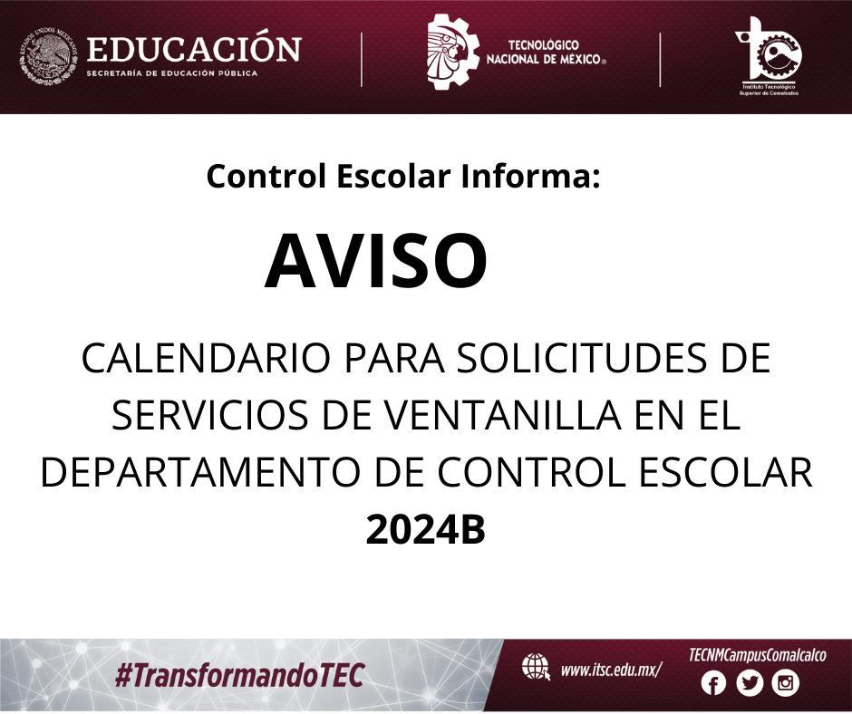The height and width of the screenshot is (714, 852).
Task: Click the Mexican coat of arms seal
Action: pyautogui.click(x=48, y=57)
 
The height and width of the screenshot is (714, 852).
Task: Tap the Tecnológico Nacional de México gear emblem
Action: pyautogui.click(x=452, y=52)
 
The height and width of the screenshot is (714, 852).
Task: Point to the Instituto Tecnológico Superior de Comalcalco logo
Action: pyautogui.click(x=769, y=56)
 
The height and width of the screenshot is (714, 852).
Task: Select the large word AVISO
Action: pyautogui.click(x=376, y=261)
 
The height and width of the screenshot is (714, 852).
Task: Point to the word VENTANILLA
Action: pyautogui.click(x=503, y=415)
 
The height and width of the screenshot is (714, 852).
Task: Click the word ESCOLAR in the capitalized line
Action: pyautogui.click(x=725, y=472)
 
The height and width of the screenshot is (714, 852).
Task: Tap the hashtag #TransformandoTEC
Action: pyautogui.click(x=239, y=675)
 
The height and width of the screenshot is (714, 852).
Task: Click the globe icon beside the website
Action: pyautogui.click(x=536, y=667)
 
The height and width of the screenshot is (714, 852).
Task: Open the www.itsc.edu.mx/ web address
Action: pyautogui.click(x=611, y=670)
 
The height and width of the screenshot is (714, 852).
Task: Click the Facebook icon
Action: pyautogui.click(x=713, y=683)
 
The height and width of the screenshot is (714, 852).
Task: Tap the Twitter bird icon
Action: pyautogui.click(x=750, y=683)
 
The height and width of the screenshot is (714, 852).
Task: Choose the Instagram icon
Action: pyautogui.click(x=786, y=683)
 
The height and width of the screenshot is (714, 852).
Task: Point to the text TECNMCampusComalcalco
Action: pyautogui.click(x=757, y=655)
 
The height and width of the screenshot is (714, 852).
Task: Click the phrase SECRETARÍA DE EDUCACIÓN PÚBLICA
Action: pyautogui.click(x=171, y=72)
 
